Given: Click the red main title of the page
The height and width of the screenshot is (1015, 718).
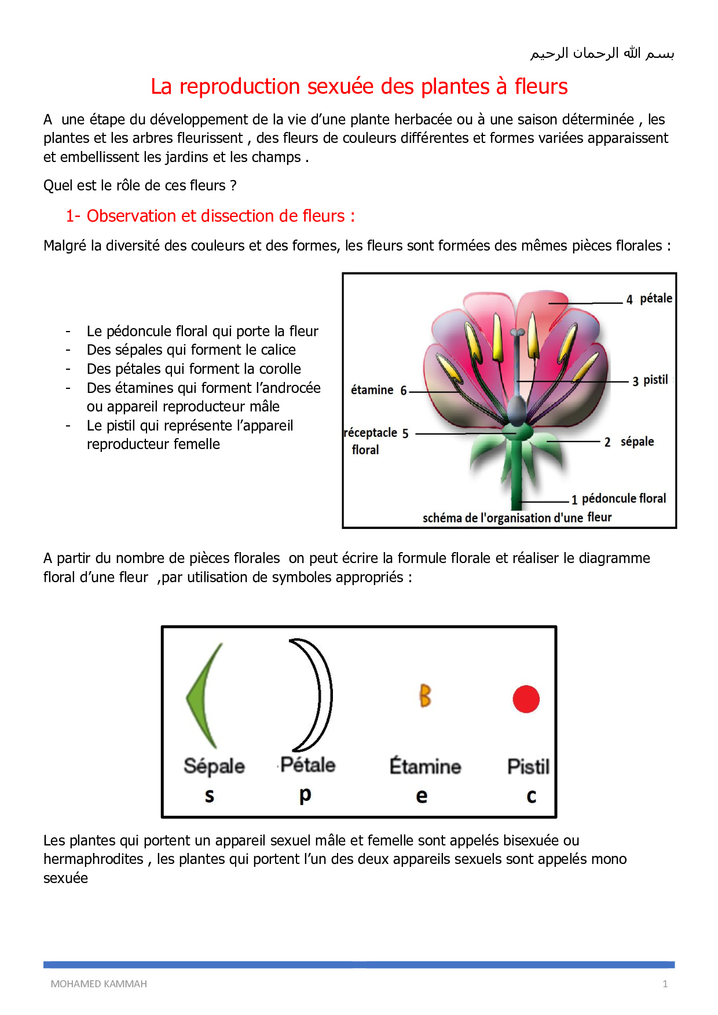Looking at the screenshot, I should (x=359, y=86).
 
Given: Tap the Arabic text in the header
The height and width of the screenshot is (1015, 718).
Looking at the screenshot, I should (x=602, y=53).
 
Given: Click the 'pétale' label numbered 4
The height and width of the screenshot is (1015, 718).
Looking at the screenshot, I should (x=655, y=298).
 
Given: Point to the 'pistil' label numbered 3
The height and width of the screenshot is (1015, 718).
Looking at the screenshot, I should (x=655, y=380).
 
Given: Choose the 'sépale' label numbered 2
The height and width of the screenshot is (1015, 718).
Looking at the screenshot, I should (x=637, y=442).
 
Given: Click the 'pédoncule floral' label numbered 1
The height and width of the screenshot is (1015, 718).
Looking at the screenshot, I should (x=623, y=498).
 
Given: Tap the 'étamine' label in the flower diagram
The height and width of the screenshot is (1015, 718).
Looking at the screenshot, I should (x=372, y=390).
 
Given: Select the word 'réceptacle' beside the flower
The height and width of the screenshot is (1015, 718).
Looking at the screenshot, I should (x=371, y=433).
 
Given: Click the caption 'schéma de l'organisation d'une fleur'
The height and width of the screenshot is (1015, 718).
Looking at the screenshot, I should (x=516, y=517).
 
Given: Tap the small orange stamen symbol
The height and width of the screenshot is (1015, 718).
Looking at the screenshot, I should (x=425, y=696).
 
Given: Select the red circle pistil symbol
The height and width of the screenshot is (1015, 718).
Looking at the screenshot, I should (x=526, y=698).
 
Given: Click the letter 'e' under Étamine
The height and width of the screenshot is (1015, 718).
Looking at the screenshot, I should (x=422, y=796).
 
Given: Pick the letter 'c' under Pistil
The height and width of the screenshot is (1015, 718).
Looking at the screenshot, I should (x=531, y=796).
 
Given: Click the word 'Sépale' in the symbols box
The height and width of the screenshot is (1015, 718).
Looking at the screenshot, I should (x=214, y=766).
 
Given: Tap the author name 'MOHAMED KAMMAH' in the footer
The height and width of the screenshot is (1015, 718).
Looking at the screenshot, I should (x=98, y=984).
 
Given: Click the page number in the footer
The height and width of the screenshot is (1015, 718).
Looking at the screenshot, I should (x=665, y=984).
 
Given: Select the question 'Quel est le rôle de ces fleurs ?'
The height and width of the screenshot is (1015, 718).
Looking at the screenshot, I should (x=140, y=185).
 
